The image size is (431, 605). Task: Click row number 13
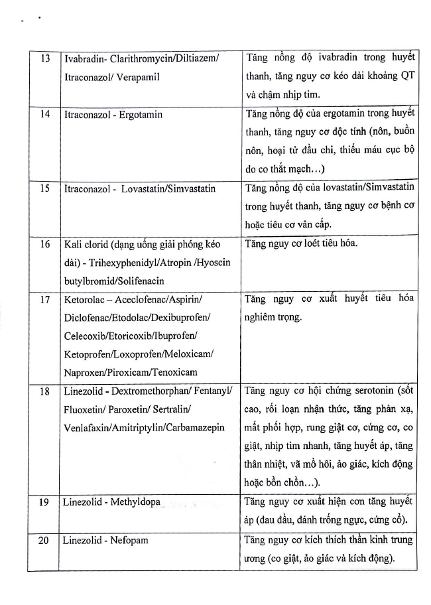45,58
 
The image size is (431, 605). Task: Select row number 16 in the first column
45,245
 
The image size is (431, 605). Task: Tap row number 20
45,540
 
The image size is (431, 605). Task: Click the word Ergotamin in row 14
140,114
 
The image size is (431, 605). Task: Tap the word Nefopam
129,540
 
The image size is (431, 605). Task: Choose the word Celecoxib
84,336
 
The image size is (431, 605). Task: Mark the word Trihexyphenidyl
107,263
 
